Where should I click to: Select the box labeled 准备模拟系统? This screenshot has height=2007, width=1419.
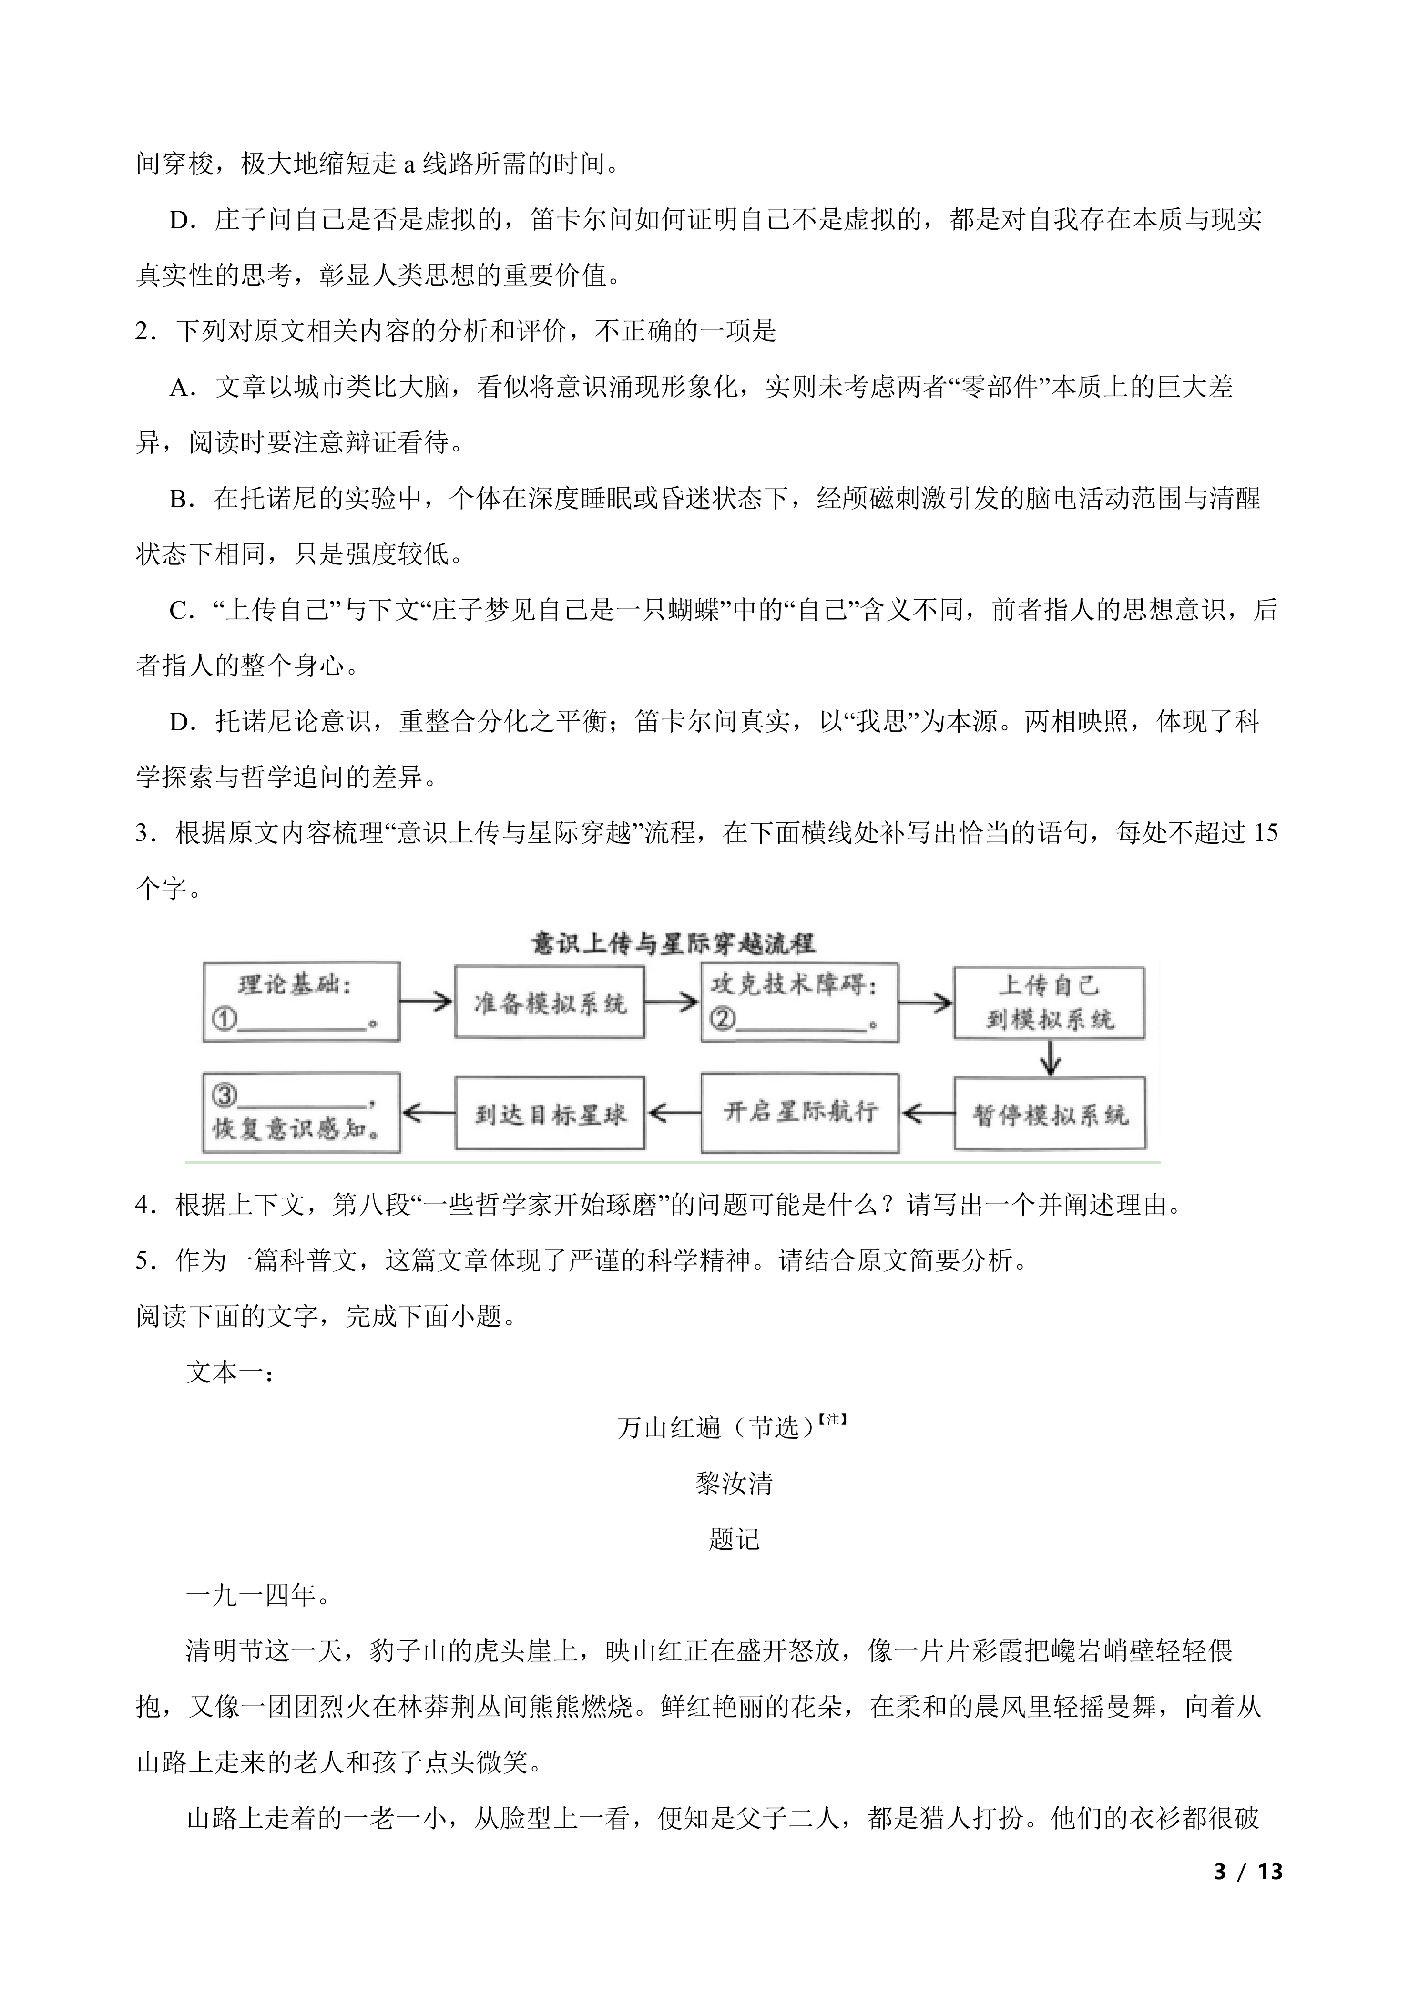(x=550, y=1002)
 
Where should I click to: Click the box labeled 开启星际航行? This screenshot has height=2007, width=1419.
(x=799, y=1112)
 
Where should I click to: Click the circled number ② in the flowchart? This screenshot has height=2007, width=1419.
(x=723, y=1019)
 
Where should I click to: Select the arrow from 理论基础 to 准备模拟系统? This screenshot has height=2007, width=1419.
(x=427, y=1002)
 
